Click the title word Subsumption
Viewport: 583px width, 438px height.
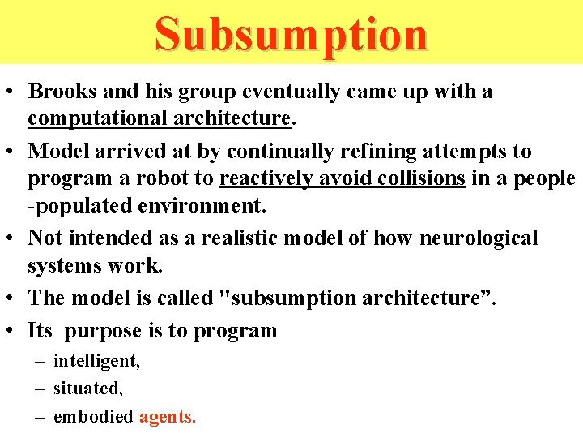291,34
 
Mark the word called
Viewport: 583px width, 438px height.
178,298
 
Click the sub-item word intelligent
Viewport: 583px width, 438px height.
96,361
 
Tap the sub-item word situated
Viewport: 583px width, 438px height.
88,389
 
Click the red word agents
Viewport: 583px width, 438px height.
168,417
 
